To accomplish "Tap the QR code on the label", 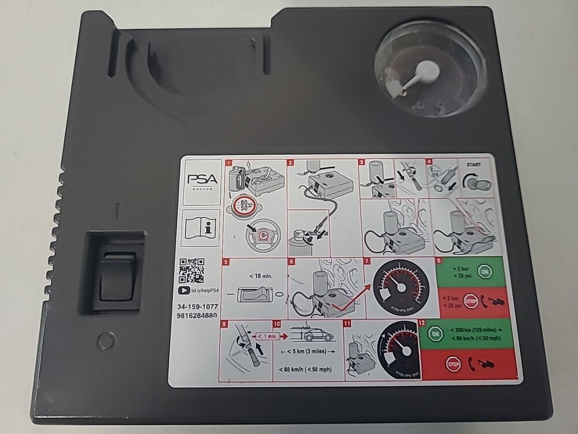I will (191, 270).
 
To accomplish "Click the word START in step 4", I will (472, 165).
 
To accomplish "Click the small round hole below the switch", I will (106, 341).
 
